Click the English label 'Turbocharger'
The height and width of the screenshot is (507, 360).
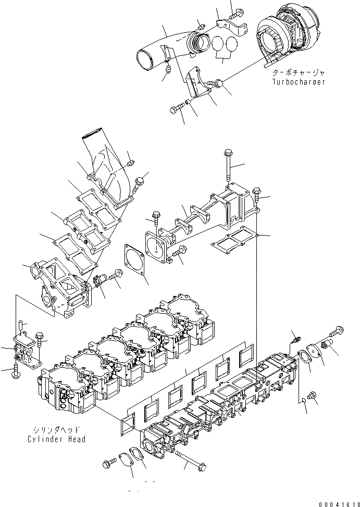click(x=299, y=82)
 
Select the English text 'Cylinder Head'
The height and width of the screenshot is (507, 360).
click(x=56, y=439)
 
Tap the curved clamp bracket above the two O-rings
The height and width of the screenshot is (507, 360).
click(x=232, y=26)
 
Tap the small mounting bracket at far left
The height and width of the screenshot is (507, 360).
click(x=23, y=351)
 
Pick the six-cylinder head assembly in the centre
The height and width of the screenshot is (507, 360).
click(x=130, y=354)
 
